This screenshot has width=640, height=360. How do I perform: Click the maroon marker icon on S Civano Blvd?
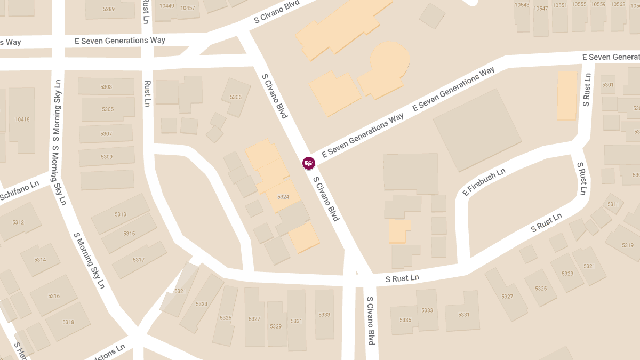308,163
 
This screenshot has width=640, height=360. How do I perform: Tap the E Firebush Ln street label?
484,182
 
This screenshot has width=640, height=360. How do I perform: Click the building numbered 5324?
283,197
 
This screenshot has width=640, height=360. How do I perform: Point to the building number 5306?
236,97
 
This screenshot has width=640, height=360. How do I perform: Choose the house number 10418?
22,119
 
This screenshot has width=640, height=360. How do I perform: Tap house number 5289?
109,9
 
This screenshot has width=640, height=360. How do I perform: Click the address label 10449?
167,6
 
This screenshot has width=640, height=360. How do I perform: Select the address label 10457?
188,8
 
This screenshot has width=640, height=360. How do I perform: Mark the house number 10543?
522,5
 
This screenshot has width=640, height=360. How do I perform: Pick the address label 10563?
618,4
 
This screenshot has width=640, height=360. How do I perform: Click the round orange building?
390,57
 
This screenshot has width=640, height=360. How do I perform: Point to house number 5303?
106,87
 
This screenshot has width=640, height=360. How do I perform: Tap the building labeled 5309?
107,157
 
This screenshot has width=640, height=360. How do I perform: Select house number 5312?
18,222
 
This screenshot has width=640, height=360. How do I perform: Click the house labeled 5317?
139,260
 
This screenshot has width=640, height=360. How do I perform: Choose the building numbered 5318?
68,322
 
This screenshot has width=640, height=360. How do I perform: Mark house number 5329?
276,326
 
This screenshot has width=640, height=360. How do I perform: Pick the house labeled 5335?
405,320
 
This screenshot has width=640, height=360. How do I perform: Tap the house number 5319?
628,245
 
